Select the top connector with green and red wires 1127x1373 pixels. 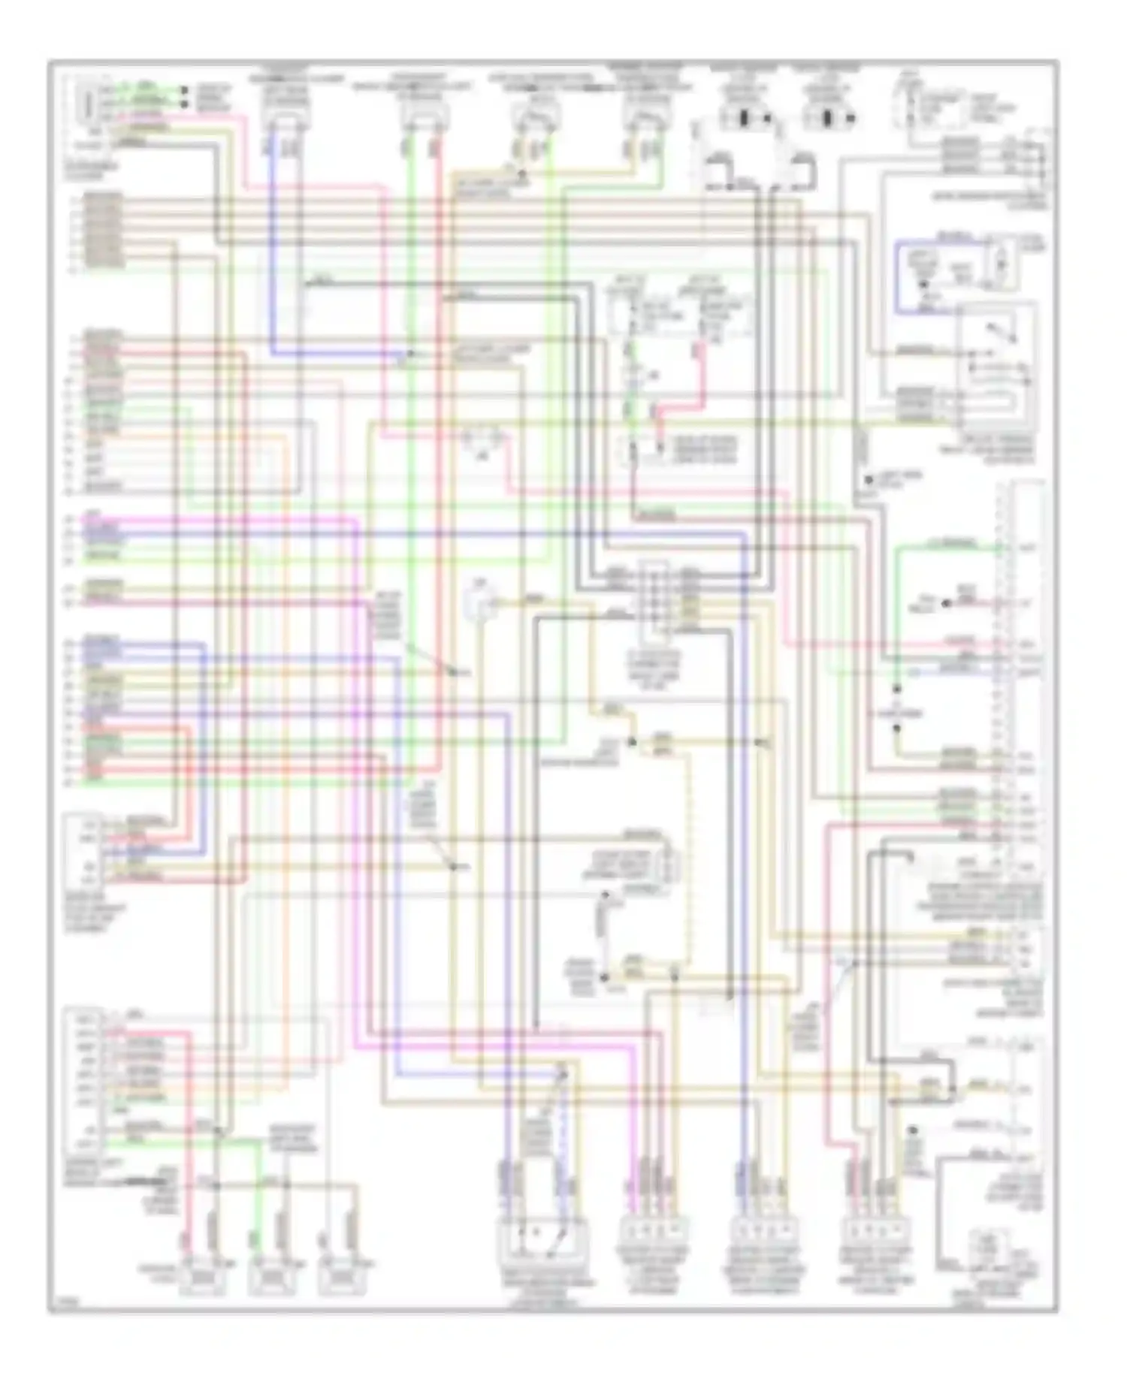click(425, 113)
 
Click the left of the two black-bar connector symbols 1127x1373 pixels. click(747, 119)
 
